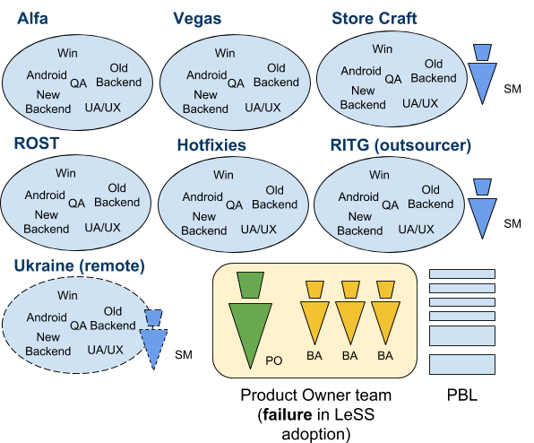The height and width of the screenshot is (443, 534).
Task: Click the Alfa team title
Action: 32,19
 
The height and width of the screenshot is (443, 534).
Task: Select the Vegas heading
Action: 197,19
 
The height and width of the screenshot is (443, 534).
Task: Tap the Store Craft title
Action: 375,19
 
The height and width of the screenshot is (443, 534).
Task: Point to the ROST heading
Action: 37,143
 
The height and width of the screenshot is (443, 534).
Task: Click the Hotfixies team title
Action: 211,145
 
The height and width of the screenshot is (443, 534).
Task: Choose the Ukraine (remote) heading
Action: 80,266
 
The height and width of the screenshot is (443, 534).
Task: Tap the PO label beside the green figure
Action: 274,360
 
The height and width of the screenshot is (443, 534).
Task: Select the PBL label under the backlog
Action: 461,395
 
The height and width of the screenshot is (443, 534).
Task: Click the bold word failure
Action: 287,414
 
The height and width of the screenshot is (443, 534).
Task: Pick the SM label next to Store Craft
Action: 512,90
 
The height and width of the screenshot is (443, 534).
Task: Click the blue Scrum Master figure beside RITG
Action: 482,209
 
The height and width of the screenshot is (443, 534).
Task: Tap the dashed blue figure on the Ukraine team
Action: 153,339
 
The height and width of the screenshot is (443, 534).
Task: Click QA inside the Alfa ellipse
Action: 78,83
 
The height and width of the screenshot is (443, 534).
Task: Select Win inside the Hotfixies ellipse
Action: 223,175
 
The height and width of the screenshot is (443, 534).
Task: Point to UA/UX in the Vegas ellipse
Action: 263,108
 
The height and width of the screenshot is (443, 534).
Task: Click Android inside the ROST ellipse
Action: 45,195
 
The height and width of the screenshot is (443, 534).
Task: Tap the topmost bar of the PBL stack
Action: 462,274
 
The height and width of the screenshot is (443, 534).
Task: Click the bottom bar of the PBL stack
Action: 462,365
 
